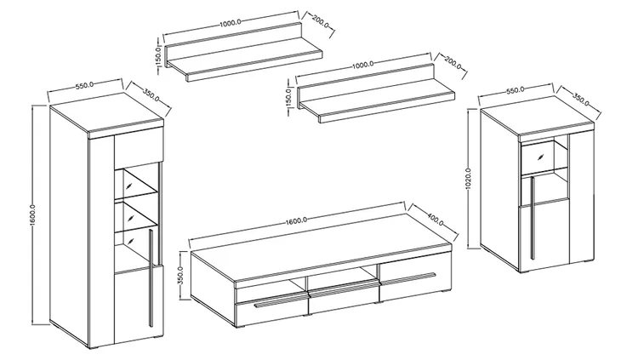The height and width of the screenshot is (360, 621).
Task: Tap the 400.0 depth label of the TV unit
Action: click(x=436, y=217)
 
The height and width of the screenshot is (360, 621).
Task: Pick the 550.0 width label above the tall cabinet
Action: click(x=84, y=85)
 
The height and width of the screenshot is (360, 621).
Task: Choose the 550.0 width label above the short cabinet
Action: click(x=515, y=90)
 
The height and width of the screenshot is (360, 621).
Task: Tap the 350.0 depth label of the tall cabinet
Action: click(x=151, y=95)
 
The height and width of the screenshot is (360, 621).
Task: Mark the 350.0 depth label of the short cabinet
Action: click(x=581, y=100)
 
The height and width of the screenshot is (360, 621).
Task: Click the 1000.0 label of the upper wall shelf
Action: click(x=230, y=23)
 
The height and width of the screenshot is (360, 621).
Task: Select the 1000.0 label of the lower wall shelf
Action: click(x=362, y=63)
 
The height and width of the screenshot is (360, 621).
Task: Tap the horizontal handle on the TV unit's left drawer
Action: click(x=281, y=301)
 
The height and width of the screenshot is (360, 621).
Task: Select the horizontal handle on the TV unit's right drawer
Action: click(x=407, y=277)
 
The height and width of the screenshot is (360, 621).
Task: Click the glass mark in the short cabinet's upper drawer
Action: click(x=540, y=157)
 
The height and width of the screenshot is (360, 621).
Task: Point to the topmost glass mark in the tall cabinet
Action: click(x=129, y=186)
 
